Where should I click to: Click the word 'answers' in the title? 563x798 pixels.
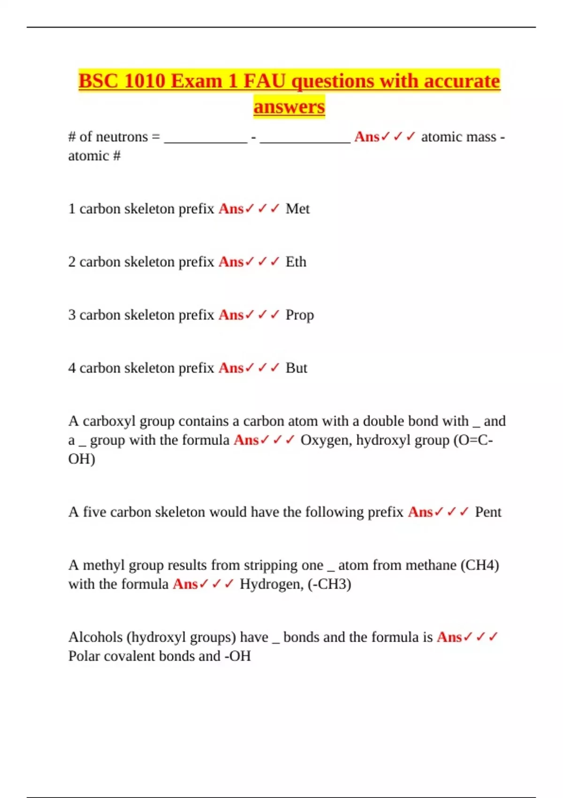[289, 107]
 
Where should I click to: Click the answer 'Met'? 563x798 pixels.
[297, 208]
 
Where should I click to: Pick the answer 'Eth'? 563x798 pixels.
[296, 261]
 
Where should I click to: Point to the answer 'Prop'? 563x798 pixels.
[299, 315]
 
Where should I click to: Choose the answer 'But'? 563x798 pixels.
[296, 368]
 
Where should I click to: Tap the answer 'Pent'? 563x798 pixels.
[488, 512]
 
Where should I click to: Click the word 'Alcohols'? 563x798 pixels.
[96, 637]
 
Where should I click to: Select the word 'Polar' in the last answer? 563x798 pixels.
[84, 656]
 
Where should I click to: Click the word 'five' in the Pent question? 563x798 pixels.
[94, 512]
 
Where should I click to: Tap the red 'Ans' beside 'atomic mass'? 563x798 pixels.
[366, 137]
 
